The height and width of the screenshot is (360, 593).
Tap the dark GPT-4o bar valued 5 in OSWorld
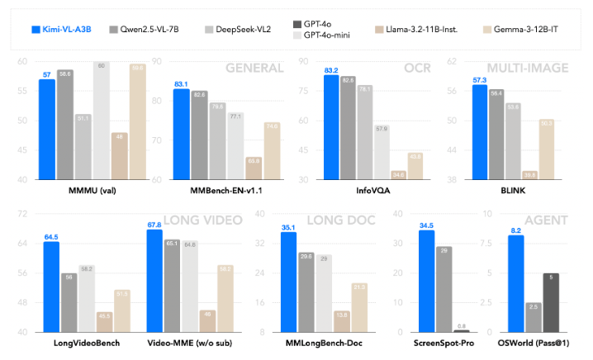pyautogui.click(x=575, y=302)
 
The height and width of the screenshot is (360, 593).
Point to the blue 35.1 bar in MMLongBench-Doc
pyautogui.click(x=288, y=282)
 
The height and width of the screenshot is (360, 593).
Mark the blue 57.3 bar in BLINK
pyautogui.click(x=479, y=132)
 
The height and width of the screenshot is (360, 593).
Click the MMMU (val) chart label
pyautogui.click(x=74, y=192)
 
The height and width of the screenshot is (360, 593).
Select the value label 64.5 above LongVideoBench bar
pyautogui.click(x=51, y=235)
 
